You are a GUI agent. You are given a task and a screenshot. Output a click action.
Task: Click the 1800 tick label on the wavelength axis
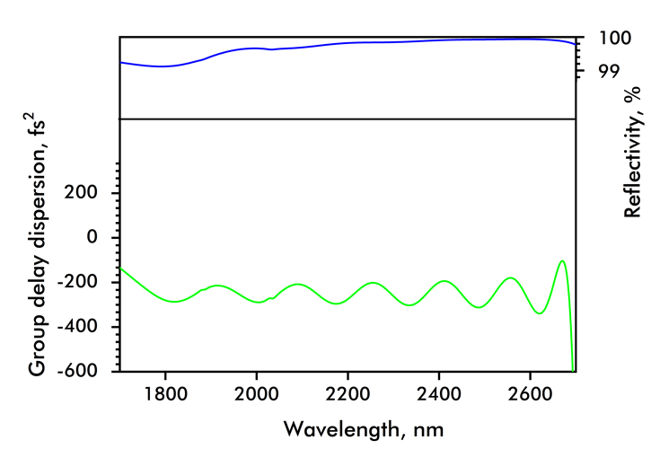165,392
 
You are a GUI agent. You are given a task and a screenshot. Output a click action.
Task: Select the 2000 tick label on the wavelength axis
257,392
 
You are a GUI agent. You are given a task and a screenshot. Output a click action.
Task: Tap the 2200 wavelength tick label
347,392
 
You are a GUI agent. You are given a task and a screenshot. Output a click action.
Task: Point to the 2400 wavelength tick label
439,392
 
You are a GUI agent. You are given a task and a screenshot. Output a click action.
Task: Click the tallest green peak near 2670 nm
562,260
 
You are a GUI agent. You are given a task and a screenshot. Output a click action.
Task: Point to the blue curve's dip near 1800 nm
163,66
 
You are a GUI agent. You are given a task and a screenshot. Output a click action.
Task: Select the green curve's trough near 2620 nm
540,313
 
